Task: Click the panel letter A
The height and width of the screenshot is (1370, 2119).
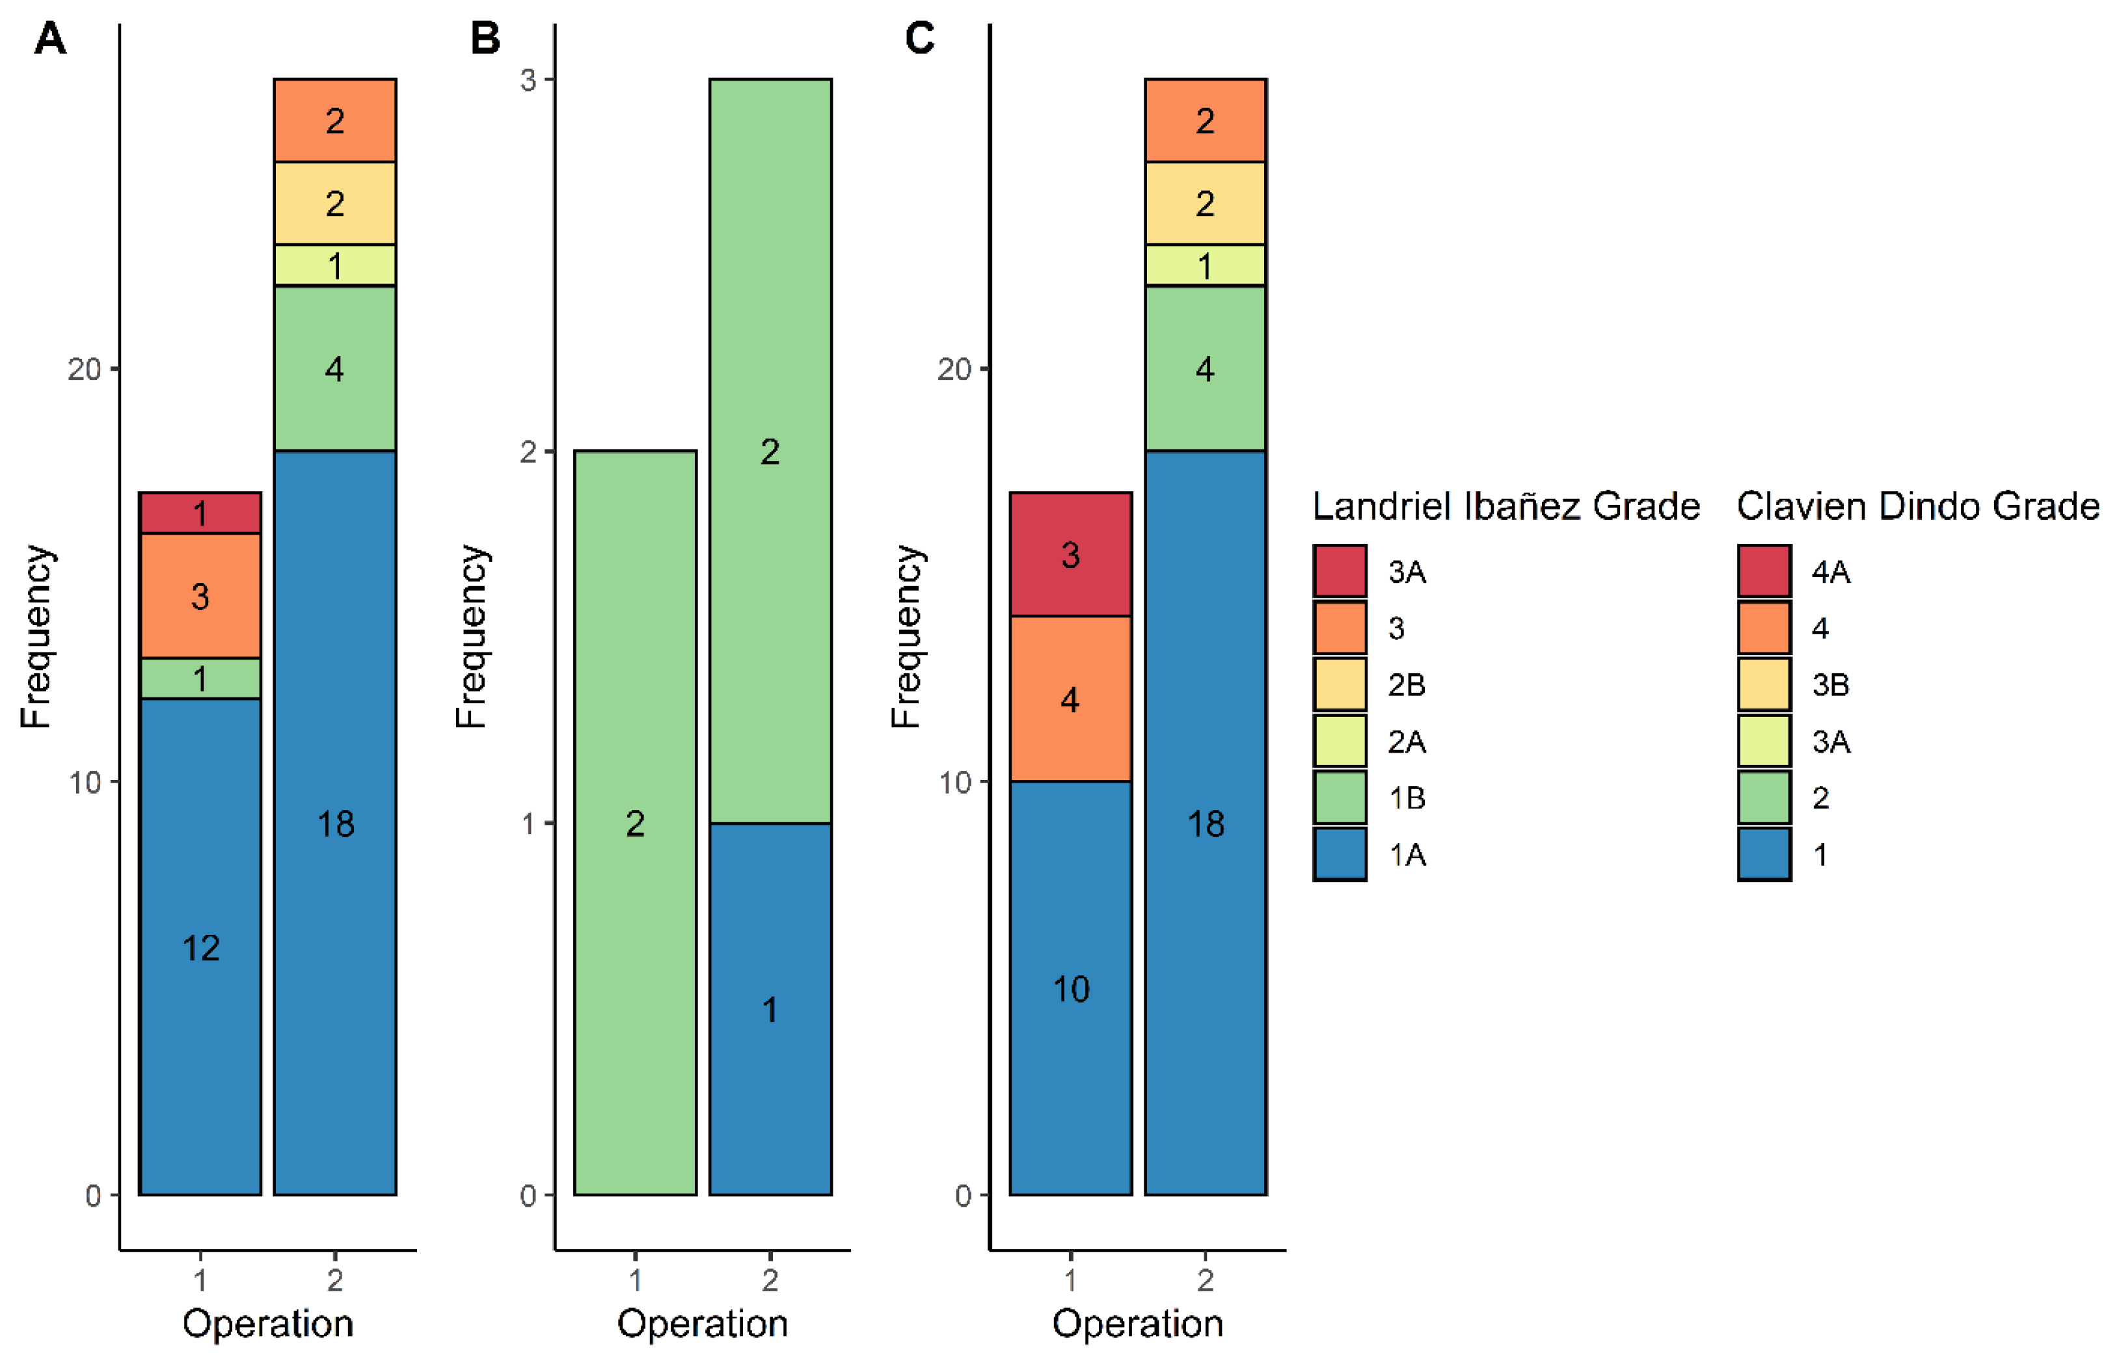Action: point(50,39)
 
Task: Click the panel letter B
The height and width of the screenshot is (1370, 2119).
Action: point(485,39)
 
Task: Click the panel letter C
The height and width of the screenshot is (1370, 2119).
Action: point(919,39)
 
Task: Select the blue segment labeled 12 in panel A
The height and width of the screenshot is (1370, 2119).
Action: point(200,946)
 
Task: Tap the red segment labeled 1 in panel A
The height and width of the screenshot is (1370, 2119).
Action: point(200,513)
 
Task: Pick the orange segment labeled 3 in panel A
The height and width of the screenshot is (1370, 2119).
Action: point(200,595)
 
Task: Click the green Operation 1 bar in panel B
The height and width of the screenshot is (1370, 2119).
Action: point(634,822)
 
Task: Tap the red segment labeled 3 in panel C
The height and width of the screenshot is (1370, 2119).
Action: point(1070,554)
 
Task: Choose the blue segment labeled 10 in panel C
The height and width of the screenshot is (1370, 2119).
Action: point(1070,987)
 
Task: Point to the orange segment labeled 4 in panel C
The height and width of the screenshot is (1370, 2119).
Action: point(1070,699)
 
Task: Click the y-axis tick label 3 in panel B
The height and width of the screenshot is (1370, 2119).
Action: point(528,80)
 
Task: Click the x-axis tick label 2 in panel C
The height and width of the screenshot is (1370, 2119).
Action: point(1204,1280)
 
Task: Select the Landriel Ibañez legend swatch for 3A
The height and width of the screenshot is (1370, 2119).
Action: point(1339,571)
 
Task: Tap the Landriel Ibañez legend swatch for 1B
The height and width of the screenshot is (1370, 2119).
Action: point(1339,797)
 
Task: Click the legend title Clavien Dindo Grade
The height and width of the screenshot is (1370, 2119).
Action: point(1917,506)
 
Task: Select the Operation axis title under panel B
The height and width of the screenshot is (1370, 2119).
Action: point(702,1323)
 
